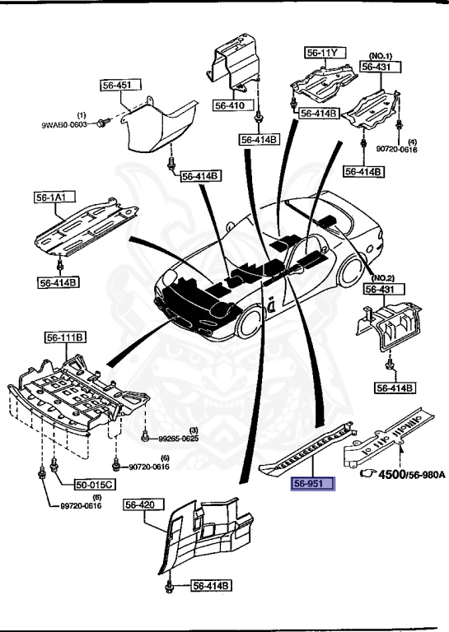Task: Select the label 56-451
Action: (x=117, y=84)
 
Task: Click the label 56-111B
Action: (x=66, y=337)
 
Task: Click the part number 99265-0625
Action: (x=179, y=439)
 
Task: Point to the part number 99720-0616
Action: (x=69, y=505)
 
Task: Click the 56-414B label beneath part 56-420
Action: (x=212, y=586)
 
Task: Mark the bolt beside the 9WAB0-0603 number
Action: (x=101, y=123)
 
